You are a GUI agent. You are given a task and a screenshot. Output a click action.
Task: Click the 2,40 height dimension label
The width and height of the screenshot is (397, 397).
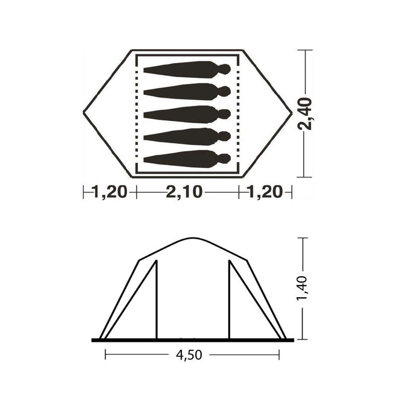coord(305,114)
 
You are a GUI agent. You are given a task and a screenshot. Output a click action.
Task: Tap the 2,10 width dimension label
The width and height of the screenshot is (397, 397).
coord(184,192)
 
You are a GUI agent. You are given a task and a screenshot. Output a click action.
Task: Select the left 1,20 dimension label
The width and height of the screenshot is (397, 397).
coord(110,192)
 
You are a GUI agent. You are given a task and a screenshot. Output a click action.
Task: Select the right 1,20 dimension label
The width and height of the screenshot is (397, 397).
coord(265,192)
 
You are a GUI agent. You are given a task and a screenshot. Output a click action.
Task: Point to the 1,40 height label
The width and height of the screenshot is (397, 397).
coord(302,288)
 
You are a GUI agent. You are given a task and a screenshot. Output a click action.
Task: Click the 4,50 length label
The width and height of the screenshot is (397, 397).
coord(189,355)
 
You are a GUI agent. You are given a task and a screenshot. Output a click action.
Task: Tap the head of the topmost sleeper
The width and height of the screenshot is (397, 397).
coord(224,69)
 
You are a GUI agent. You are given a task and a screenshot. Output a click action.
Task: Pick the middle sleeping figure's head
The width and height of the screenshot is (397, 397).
coord(224,114)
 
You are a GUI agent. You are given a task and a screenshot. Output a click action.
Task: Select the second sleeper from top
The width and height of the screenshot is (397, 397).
coord(187,91)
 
